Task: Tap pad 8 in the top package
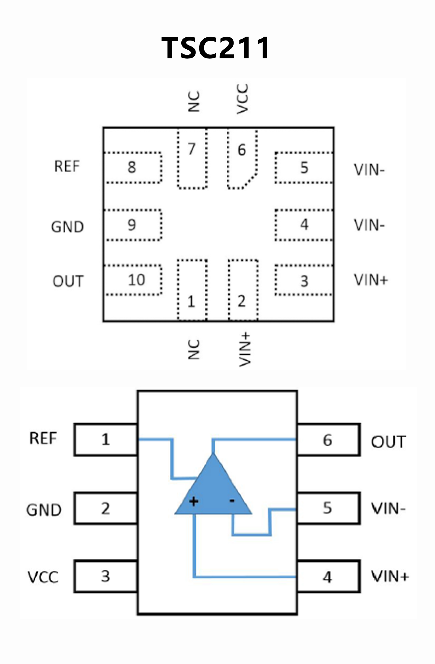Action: (133, 168)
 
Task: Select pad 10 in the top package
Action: (133, 280)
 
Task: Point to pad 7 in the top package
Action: (192, 159)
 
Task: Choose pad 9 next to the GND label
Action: (133, 225)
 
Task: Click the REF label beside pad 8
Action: (67, 166)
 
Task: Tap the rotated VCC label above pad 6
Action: (243, 99)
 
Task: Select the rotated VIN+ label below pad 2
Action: (244, 350)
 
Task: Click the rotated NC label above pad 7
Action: (194, 101)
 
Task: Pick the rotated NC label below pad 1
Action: (194, 350)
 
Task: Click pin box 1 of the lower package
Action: (106, 440)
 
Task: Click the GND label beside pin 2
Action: (44, 510)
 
